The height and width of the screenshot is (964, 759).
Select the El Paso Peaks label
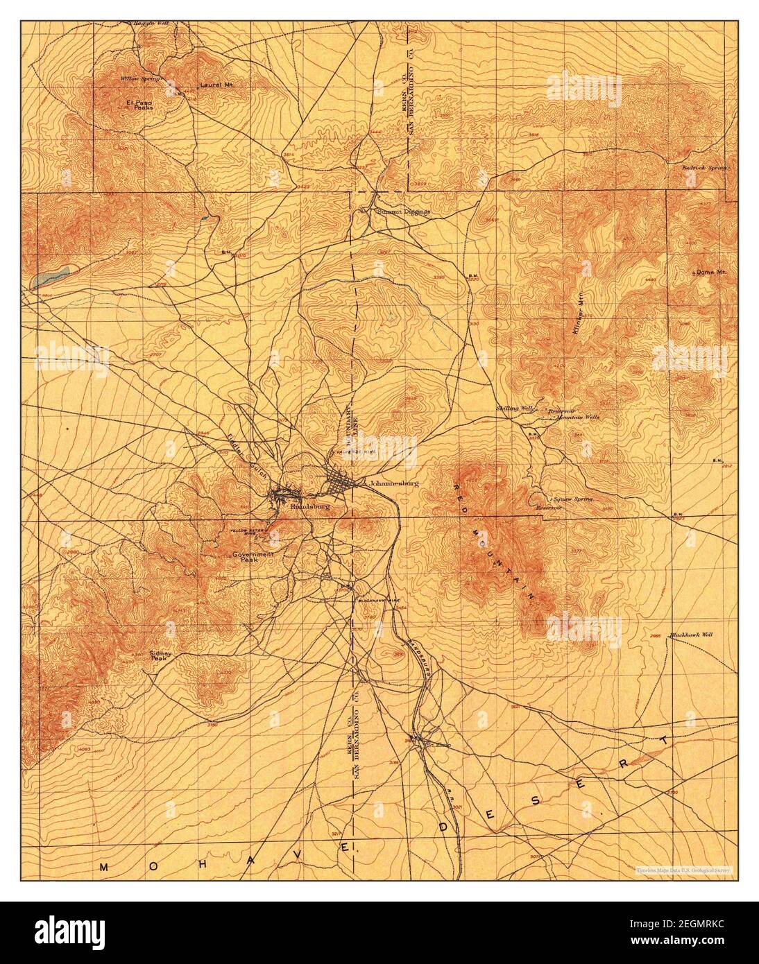(x=139, y=105)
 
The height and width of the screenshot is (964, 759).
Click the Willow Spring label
(x=140, y=79)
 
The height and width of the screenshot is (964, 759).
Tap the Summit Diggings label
(x=403, y=211)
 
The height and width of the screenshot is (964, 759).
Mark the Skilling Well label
(x=514, y=408)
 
